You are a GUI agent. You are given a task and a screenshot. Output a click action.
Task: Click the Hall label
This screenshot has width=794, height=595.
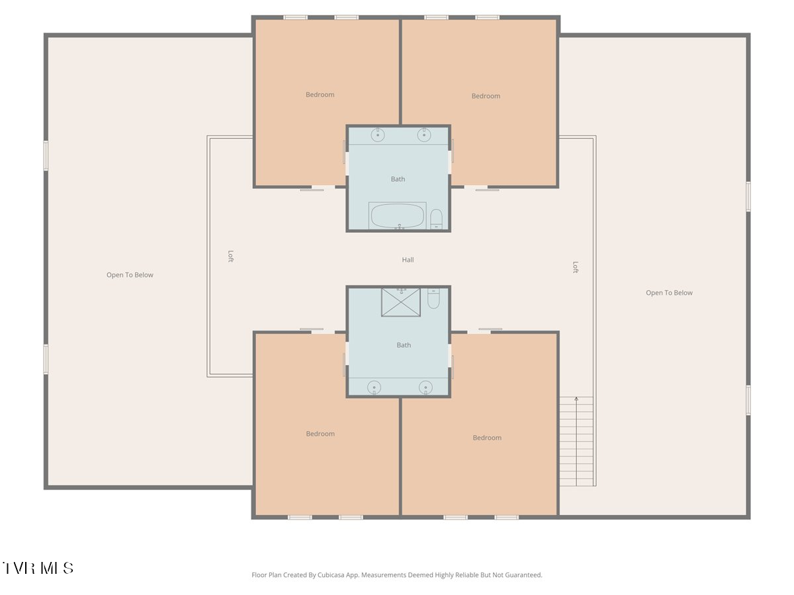pyautogui.click(x=408, y=260)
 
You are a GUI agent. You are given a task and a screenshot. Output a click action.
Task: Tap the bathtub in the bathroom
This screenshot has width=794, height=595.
pyautogui.click(x=398, y=216)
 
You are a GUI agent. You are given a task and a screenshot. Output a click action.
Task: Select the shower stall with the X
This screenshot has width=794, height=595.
pyautogui.click(x=400, y=302)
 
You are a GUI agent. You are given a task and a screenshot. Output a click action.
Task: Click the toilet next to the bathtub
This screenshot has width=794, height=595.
pyautogui.click(x=436, y=218)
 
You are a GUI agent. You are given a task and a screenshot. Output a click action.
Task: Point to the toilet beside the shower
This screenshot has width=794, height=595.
pyautogui.click(x=433, y=299)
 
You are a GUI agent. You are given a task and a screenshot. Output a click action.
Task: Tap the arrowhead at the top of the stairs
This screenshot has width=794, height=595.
pyautogui.click(x=576, y=399)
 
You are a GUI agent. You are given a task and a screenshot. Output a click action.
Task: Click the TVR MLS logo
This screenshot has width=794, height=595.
pyautogui.click(x=38, y=568)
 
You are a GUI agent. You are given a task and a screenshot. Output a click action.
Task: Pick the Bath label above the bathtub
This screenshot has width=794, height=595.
pyautogui.click(x=398, y=179)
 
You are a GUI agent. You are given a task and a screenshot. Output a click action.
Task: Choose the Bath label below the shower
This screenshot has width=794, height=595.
pyautogui.click(x=404, y=345)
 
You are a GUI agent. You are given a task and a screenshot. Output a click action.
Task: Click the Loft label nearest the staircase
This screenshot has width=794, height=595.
pyautogui.click(x=575, y=267)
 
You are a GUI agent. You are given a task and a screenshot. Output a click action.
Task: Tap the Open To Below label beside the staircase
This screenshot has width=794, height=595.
pyautogui.click(x=669, y=293)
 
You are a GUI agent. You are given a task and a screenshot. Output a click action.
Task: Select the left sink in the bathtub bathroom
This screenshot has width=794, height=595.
pyautogui.click(x=377, y=135)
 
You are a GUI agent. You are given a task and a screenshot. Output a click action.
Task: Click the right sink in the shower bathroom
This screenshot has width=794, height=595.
pyautogui.click(x=425, y=387)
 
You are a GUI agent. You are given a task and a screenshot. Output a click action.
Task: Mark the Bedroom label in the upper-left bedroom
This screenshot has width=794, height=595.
pyautogui.click(x=320, y=95)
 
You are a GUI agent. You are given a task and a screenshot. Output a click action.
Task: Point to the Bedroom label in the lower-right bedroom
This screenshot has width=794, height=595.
pyautogui.click(x=487, y=438)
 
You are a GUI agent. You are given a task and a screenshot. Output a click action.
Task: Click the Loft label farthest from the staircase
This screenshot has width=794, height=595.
pyautogui.click(x=230, y=256)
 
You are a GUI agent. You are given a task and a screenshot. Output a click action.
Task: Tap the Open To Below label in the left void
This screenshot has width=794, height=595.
pyautogui.click(x=130, y=275)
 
